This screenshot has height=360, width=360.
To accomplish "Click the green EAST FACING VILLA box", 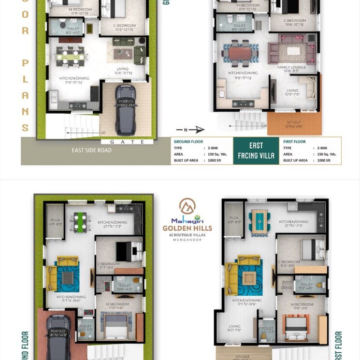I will pos(256,150).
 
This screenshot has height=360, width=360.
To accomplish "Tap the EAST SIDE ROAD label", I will pos(91,150).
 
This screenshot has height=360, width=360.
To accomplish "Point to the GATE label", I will pos(128,142).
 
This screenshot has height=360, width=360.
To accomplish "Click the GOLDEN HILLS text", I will pos(186,228).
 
